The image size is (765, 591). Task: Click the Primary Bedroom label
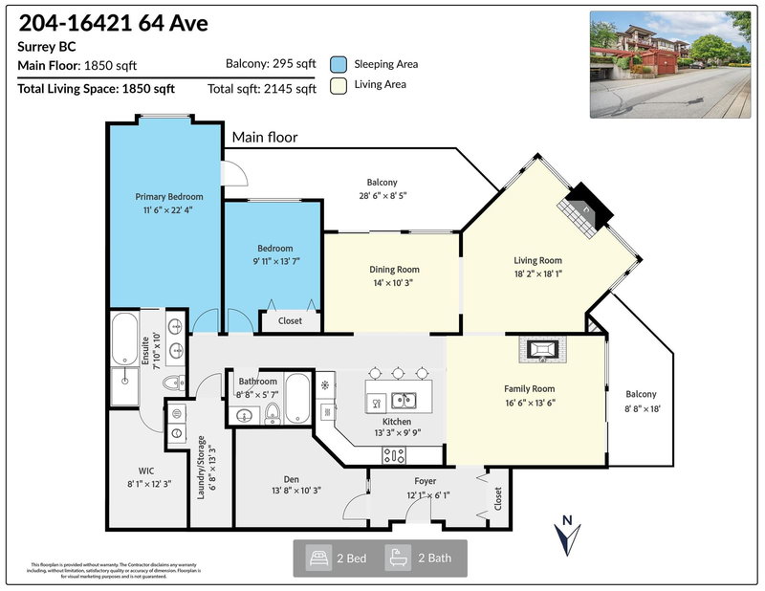point(164,197)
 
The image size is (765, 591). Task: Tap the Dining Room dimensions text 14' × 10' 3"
point(394,283)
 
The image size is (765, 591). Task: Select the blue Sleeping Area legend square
point(339,64)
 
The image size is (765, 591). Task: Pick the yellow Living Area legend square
point(339,85)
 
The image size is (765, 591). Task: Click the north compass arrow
point(567,535)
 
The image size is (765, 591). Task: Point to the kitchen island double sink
point(406,400)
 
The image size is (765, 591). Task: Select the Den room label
point(292,479)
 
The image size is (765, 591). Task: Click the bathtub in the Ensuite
point(125,340)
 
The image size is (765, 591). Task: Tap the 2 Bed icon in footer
point(317,557)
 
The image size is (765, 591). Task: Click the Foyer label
point(425,481)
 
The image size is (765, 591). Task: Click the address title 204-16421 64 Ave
point(113,22)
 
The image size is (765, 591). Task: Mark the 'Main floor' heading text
point(265,138)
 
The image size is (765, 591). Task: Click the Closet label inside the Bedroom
point(290,321)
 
